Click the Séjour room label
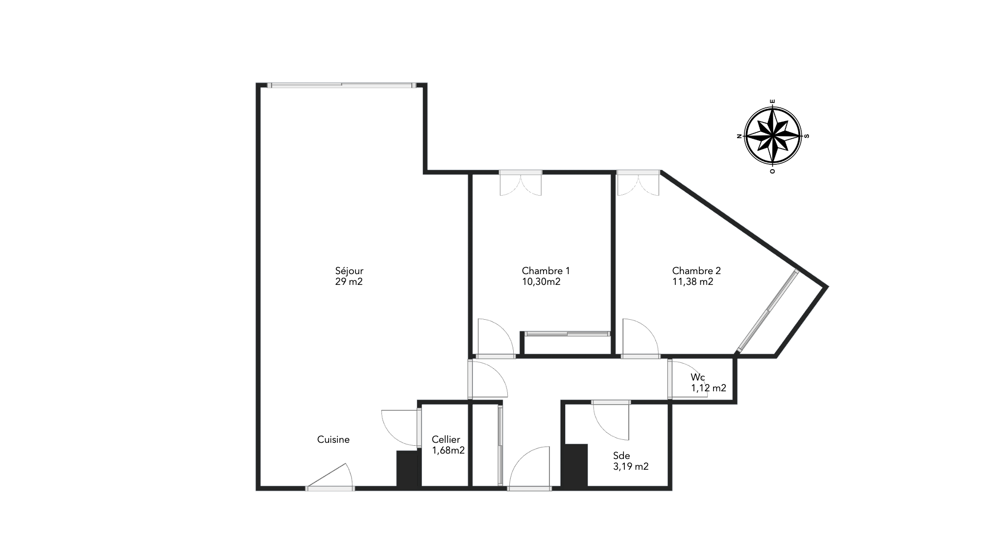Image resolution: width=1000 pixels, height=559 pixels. point(349,271)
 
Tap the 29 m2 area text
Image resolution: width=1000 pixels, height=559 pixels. point(349,282)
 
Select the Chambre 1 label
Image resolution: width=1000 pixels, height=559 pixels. point(546,271)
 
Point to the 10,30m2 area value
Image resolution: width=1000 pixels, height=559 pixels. point(541,282)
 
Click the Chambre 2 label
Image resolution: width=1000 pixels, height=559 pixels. point(696,271)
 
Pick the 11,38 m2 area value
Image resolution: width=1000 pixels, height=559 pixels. point(692,282)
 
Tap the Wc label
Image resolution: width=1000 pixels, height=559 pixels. point(698,377)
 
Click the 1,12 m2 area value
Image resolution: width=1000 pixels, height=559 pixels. point(709,388)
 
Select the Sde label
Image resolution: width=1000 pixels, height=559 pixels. point(621,456)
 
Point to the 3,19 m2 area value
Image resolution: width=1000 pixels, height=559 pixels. point(631,467)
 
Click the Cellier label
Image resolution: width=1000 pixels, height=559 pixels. point(446,440)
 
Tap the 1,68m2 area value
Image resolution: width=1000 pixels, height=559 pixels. point(448,451)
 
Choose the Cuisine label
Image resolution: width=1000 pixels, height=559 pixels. point(333,440)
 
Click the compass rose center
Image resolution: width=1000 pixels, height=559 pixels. point(773,136)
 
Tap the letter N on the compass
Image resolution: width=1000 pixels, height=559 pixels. point(739,136)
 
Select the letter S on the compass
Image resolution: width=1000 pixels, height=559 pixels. point(807,136)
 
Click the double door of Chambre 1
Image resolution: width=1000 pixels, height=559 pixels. point(521,183)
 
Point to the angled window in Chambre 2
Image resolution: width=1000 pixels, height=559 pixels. point(768,311)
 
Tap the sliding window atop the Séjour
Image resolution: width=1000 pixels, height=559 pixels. point(342,85)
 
